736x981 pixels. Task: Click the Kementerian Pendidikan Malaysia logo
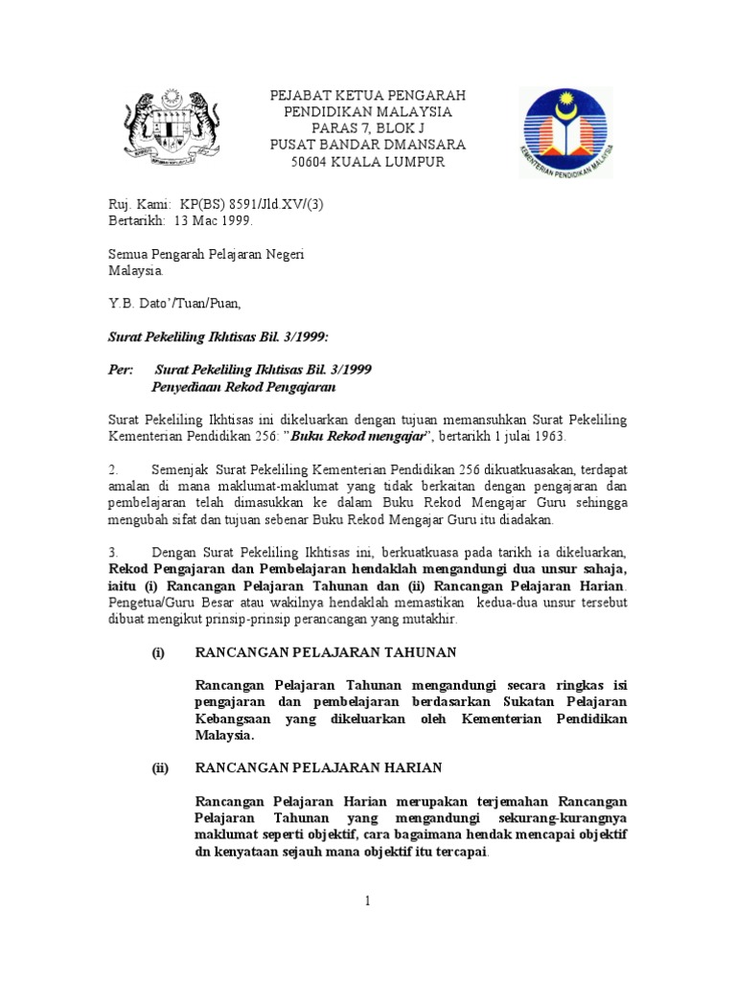click(565, 131)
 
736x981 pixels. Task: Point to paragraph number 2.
click(112, 470)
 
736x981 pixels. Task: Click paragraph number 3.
click(112, 553)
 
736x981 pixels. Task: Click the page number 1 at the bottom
click(367, 901)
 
